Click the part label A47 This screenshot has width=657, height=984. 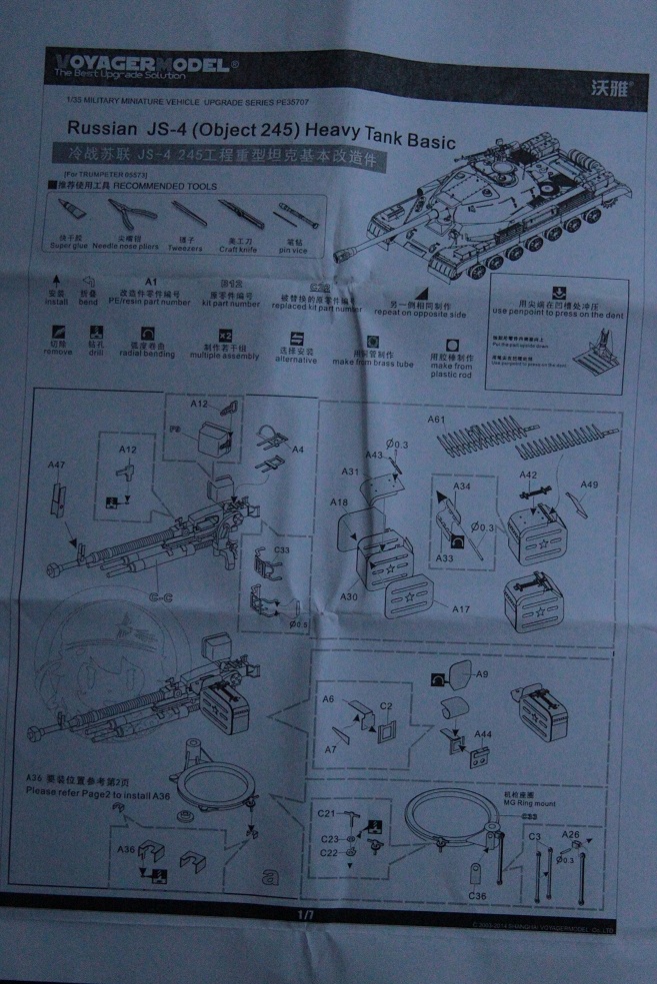point(57,465)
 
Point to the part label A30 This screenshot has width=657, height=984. point(350,595)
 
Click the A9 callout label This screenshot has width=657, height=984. point(482,674)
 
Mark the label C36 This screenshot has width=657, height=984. point(478,896)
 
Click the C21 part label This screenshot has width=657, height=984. point(326,813)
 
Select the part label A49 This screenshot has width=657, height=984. point(589,486)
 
